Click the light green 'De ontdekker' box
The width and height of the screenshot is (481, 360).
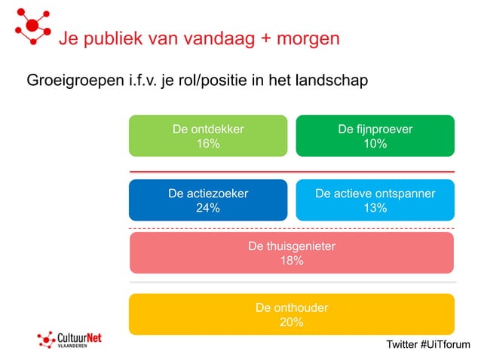tap(208, 136)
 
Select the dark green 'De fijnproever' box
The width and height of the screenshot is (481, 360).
tap(375, 136)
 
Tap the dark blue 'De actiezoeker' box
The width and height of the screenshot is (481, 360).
tap(208, 200)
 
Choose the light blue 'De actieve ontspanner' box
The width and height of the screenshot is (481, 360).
tap(375, 200)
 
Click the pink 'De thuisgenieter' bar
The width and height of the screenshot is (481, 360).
tap(292, 252)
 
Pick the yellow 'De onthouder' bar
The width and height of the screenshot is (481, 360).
tap(292, 314)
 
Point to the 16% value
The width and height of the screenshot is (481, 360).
tap(208, 144)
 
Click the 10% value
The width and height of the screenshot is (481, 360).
tap(375, 144)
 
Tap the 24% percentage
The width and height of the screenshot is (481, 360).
tap(208, 209)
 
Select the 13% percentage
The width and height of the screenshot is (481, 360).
tap(375, 209)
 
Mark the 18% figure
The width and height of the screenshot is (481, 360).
tap(292, 261)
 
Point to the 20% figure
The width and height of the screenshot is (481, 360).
tap(292, 322)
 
